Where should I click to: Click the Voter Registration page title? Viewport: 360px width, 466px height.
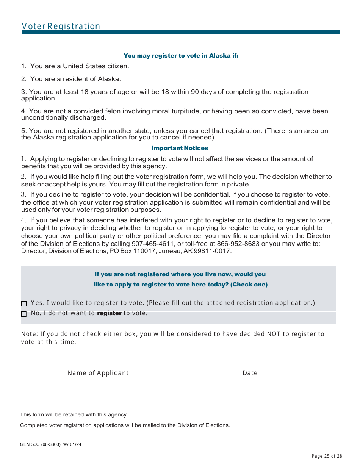61,26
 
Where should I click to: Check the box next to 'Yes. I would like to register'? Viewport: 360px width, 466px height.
24,303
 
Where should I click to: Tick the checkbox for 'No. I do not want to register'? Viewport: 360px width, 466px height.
24,314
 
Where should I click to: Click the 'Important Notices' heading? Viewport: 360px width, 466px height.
180,148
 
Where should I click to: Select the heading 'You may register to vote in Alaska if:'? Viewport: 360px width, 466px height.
181,56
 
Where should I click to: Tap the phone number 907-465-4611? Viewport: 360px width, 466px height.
153,244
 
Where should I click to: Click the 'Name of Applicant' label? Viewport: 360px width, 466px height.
98,373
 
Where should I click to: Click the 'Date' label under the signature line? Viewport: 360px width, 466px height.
250,373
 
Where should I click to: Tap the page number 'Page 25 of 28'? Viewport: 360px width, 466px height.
327,456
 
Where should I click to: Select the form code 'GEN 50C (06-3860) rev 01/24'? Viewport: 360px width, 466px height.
50,444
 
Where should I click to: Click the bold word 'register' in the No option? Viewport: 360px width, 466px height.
109,313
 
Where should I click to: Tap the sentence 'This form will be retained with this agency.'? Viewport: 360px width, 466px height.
74,415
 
